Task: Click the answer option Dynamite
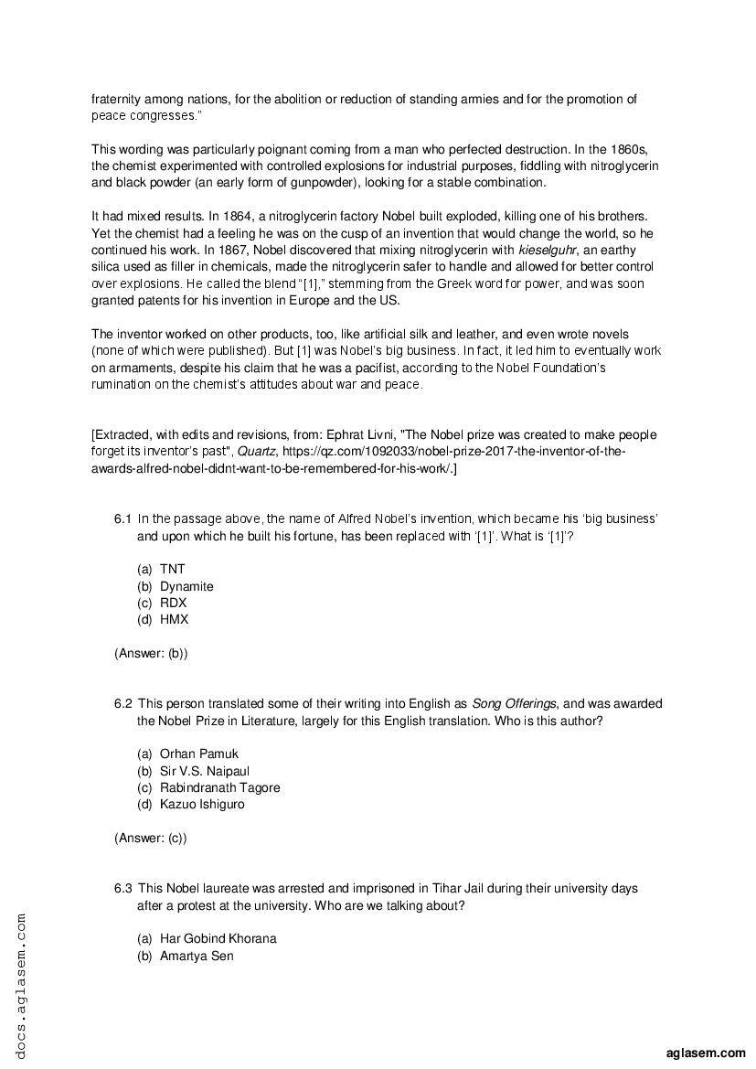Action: [186, 586]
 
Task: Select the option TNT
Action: [172, 569]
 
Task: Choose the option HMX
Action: [174, 619]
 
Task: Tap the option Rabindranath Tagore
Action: [219, 787]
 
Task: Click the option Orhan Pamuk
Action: [198, 754]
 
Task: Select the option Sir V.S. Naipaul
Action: [204, 771]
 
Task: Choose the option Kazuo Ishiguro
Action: [202, 805]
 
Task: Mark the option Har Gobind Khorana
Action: [218, 938]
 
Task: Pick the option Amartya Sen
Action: [197, 956]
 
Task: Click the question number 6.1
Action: [123, 518]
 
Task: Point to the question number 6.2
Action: [123, 703]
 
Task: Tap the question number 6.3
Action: [123, 888]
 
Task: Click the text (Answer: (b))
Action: [151, 653]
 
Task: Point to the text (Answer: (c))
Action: [151, 838]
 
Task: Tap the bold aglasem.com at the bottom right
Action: [707, 1053]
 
